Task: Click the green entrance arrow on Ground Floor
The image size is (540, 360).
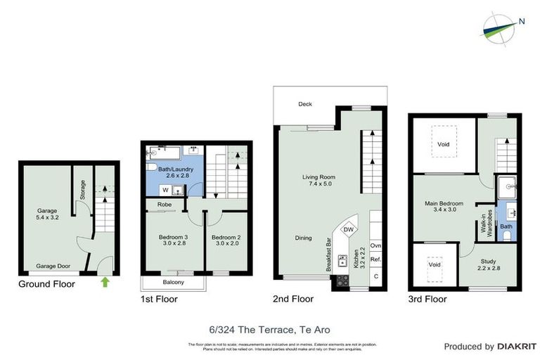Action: coord(105,282)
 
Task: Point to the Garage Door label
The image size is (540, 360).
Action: coord(53,266)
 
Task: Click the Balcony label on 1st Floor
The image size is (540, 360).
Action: coord(173,283)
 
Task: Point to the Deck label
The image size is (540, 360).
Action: coord(304,104)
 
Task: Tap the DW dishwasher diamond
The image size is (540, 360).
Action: coord(348,230)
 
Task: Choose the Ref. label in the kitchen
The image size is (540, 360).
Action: coord(375,259)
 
